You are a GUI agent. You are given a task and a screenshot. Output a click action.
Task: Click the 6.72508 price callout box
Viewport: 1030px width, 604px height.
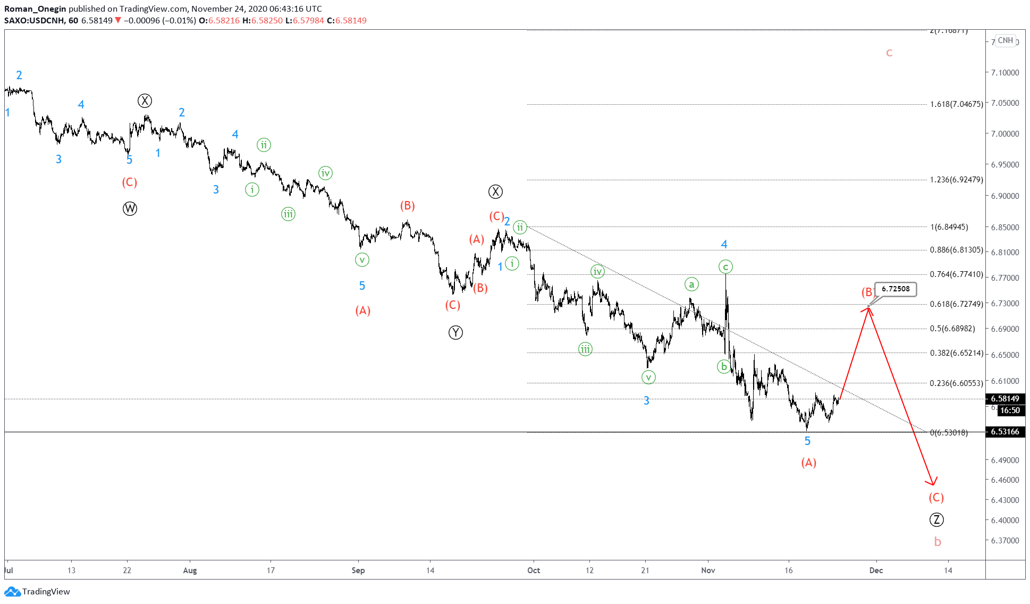[896, 289]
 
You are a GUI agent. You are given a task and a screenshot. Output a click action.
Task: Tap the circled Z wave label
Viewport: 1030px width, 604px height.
[936, 520]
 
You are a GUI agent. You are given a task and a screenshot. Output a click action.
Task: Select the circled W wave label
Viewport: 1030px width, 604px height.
[130, 208]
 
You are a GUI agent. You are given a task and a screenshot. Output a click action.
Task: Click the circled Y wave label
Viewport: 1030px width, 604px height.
[455, 333]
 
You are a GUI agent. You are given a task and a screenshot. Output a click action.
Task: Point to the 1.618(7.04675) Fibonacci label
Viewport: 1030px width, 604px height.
[956, 104]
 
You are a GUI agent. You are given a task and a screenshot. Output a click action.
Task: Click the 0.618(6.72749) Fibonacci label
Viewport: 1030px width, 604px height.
[956, 304]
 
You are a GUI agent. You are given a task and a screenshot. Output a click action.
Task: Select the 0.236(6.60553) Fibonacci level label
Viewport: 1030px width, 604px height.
[956, 383]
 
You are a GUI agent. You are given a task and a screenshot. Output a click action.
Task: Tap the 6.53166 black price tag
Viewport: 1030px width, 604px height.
[1004, 432]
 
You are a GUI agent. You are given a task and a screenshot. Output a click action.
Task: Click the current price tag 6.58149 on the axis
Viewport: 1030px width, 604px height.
[1004, 399]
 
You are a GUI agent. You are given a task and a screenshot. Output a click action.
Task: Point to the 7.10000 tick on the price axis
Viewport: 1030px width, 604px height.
[1004, 73]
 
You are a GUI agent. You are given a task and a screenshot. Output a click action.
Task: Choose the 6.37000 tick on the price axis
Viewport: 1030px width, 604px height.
[1004, 541]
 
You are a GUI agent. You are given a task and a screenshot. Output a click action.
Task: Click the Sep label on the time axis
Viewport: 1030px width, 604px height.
[358, 571]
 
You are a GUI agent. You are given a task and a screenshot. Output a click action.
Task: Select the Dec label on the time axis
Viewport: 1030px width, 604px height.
[876, 571]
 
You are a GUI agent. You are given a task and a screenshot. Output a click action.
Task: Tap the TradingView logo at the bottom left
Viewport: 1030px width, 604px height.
[37, 592]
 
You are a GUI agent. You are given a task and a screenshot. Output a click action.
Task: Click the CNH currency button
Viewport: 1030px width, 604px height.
[1005, 40]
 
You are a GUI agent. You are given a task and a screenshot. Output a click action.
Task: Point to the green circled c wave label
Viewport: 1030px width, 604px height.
[725, 267]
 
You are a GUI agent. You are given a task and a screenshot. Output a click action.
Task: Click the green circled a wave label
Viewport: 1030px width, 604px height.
[691, 284]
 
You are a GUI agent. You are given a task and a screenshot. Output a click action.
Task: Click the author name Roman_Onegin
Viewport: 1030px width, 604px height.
[35, 9]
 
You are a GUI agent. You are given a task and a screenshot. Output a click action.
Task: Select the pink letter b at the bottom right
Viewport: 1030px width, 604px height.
[938, 542]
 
